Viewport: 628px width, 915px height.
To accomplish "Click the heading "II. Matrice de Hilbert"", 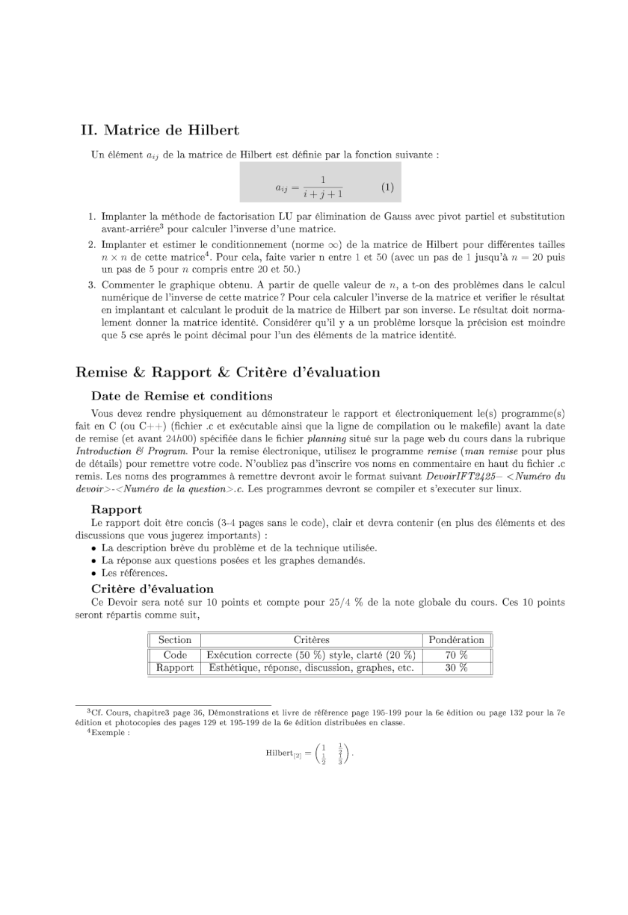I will coord(159,131).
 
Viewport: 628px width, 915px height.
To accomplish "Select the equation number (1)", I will coord(387,187).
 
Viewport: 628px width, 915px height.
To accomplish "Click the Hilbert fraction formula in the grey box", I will coord(309,187).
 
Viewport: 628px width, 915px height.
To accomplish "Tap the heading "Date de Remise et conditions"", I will coord(182,396).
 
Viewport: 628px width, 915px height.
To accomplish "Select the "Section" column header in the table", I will coord(175,639).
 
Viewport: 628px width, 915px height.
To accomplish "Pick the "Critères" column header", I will coord(311,639).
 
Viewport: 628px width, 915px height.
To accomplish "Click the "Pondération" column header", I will coord(456,639).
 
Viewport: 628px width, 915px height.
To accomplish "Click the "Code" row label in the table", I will coord(175,654).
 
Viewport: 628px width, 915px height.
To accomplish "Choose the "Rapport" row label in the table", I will coord(175,668).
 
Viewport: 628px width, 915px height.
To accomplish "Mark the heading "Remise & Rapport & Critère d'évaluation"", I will coord(228,373).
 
